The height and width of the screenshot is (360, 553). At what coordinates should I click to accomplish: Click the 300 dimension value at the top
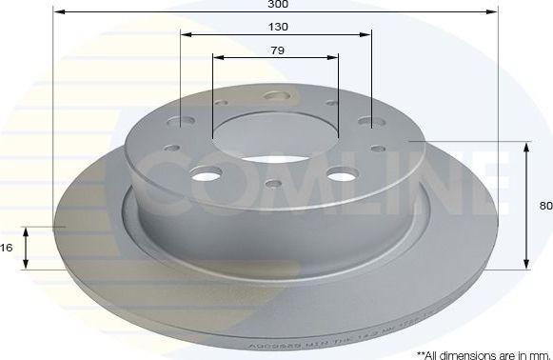[276, 5]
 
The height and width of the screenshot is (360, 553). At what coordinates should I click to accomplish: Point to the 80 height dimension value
[545, 204]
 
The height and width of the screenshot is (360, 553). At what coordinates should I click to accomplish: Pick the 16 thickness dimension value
[7, 248]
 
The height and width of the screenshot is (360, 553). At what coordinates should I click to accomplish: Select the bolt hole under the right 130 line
[370, 123]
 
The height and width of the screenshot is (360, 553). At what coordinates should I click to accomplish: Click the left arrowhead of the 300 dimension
[56, 12]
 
